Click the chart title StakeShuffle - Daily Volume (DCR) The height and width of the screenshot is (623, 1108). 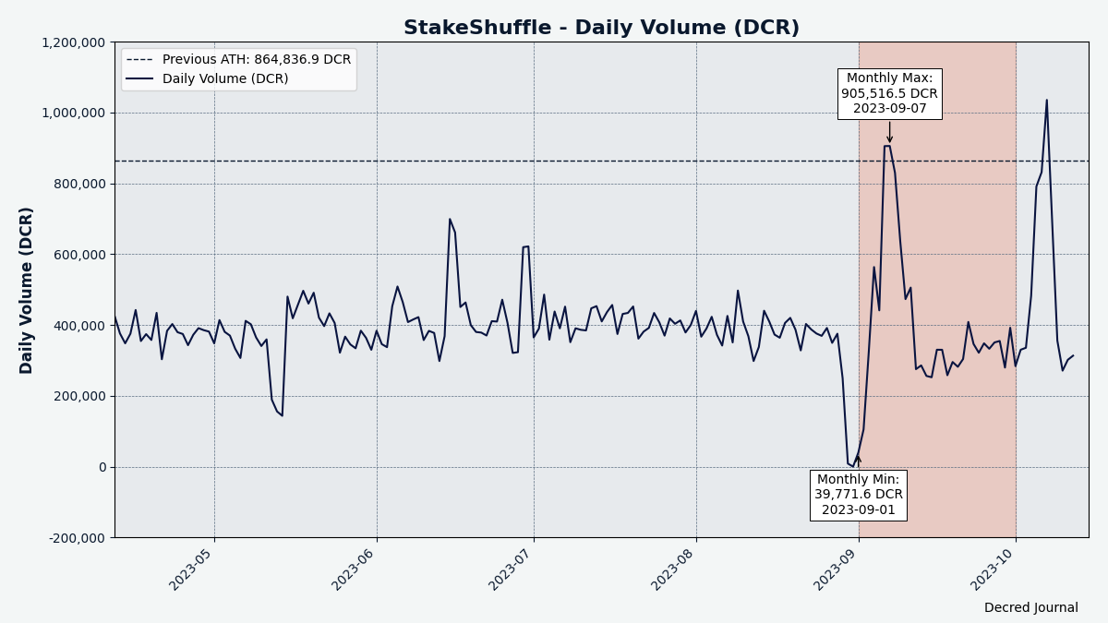(x=601, y=28)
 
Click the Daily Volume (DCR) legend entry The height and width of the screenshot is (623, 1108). (x=225, y=79)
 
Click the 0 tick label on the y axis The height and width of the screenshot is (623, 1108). (x=102, y=467)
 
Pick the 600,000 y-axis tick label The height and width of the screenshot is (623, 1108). (x=75, y=255)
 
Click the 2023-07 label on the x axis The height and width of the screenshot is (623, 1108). (x=511, y=569)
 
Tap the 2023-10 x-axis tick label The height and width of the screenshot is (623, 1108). (x=994, y=569)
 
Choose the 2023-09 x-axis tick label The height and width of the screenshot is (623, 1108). (x=837, y=569)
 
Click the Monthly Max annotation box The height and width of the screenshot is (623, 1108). (x=889, y=93)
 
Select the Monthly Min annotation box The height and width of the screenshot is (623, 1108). (x=858, y=495)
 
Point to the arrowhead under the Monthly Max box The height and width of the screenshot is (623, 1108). (x=890, y=139)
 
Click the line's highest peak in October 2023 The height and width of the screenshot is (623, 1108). (x=1046, y=100)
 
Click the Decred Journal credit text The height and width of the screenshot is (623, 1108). (x=1030, y=607)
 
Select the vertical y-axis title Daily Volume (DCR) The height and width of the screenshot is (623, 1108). (x=27, y=290)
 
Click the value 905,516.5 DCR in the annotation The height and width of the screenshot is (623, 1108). (x=889, y=93)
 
